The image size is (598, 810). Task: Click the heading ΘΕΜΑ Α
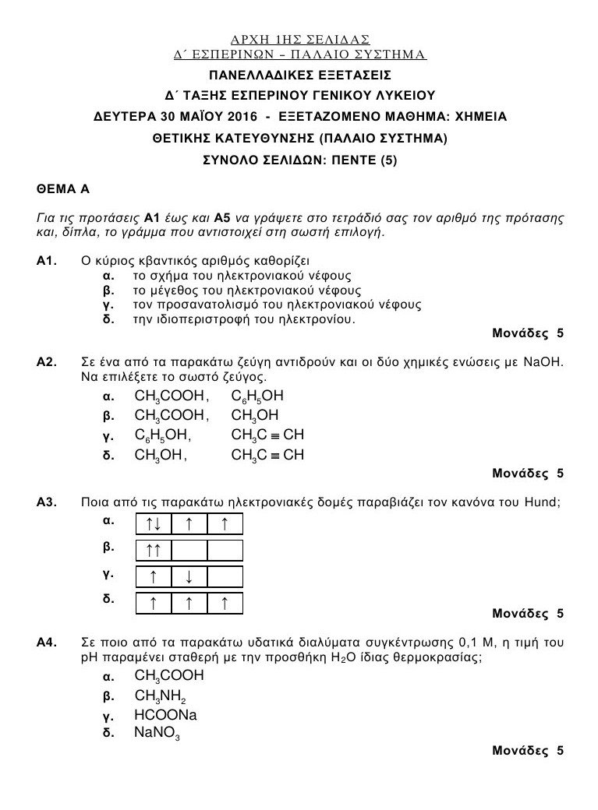click(x=57, y=189)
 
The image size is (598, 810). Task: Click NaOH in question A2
click(x=543, y=362)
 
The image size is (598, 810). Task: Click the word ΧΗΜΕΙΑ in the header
click(x=480, y=117)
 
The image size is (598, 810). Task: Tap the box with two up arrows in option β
click(x=154, y=551)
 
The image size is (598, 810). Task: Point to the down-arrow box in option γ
click(x=189, y=576)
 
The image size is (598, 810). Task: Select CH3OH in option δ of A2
click(x=160, y=454)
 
